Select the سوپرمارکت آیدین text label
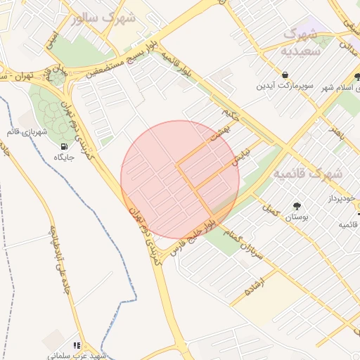point(284,86)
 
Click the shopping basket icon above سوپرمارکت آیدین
point(284,75)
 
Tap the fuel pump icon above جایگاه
point(65,146)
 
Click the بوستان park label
point(296,218)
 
